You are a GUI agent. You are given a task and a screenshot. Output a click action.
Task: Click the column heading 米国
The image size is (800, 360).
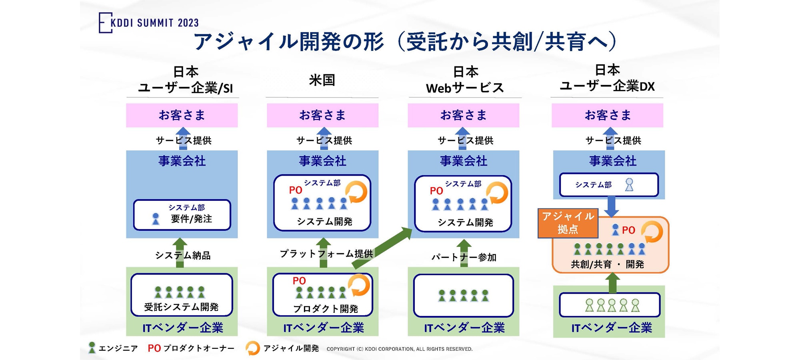click(322, 80)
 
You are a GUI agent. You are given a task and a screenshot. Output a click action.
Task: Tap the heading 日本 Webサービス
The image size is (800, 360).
click(465, 80)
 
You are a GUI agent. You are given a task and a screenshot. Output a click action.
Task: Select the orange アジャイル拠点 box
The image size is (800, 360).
click(568, 223)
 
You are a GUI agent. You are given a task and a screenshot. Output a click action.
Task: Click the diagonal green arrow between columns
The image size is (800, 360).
click(382, 248)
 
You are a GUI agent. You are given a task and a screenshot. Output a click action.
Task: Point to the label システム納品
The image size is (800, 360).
click(183, 255)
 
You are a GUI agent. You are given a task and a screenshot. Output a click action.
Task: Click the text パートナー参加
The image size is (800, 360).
click(464, 257)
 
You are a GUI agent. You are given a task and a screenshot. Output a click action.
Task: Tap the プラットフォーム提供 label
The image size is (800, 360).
click(326, 254)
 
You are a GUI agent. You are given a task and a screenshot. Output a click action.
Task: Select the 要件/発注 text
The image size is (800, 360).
click(191, 219)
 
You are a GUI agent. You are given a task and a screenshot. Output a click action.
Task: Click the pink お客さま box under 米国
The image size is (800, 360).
click(322, 115)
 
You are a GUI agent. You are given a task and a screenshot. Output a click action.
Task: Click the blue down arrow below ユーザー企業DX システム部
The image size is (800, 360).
click(611, 206)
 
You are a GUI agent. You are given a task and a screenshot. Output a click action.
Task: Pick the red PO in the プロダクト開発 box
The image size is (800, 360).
click(299, 281)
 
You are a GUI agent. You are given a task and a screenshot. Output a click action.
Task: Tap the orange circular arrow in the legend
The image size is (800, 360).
click(252, 348)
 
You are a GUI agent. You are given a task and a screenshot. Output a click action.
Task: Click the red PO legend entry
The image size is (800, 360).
click(154, 348)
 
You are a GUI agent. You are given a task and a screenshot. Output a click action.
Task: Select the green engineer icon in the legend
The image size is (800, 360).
click(92, 348)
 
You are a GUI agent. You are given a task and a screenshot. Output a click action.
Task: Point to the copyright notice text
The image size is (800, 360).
click(399, 349)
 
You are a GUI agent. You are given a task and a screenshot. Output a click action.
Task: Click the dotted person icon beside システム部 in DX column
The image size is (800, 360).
click(629, 185)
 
